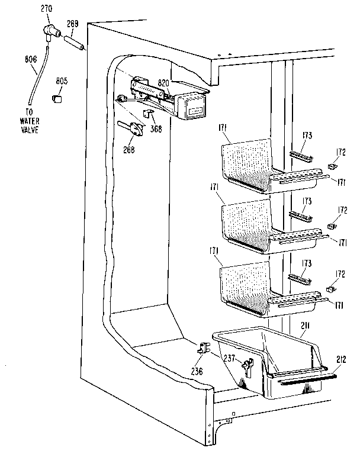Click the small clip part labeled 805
tap(57, 97)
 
